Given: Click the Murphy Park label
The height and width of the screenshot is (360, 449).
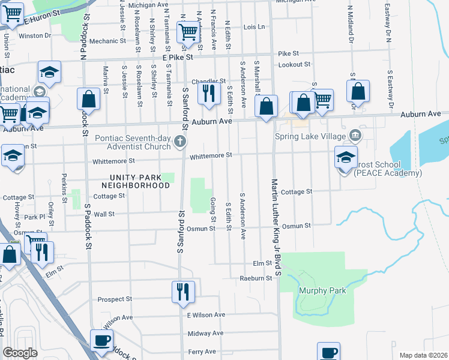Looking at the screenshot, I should [322, 290].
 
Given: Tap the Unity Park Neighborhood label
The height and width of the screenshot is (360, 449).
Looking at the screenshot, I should [140, 181].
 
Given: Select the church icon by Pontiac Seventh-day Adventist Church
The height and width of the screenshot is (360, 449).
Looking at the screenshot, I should [179, 142].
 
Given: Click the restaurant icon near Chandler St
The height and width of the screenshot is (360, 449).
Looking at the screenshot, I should [208, 93].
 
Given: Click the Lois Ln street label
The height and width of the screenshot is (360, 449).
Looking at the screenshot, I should [254, 27].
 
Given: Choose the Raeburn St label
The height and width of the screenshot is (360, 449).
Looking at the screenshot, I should [256, 278].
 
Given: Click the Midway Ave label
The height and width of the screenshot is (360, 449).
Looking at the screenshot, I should [205, 334].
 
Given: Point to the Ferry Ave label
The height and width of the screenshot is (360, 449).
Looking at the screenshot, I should [202, 352].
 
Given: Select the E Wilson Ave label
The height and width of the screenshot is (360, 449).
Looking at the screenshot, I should [206, 315].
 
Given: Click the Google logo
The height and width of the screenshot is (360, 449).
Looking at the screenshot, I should [20, 353].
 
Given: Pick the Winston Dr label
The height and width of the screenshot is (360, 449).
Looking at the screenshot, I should [35, 35].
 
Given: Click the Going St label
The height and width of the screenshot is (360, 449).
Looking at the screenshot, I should [212, 209].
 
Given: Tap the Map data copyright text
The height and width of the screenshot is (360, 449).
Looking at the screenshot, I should [423, 355].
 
